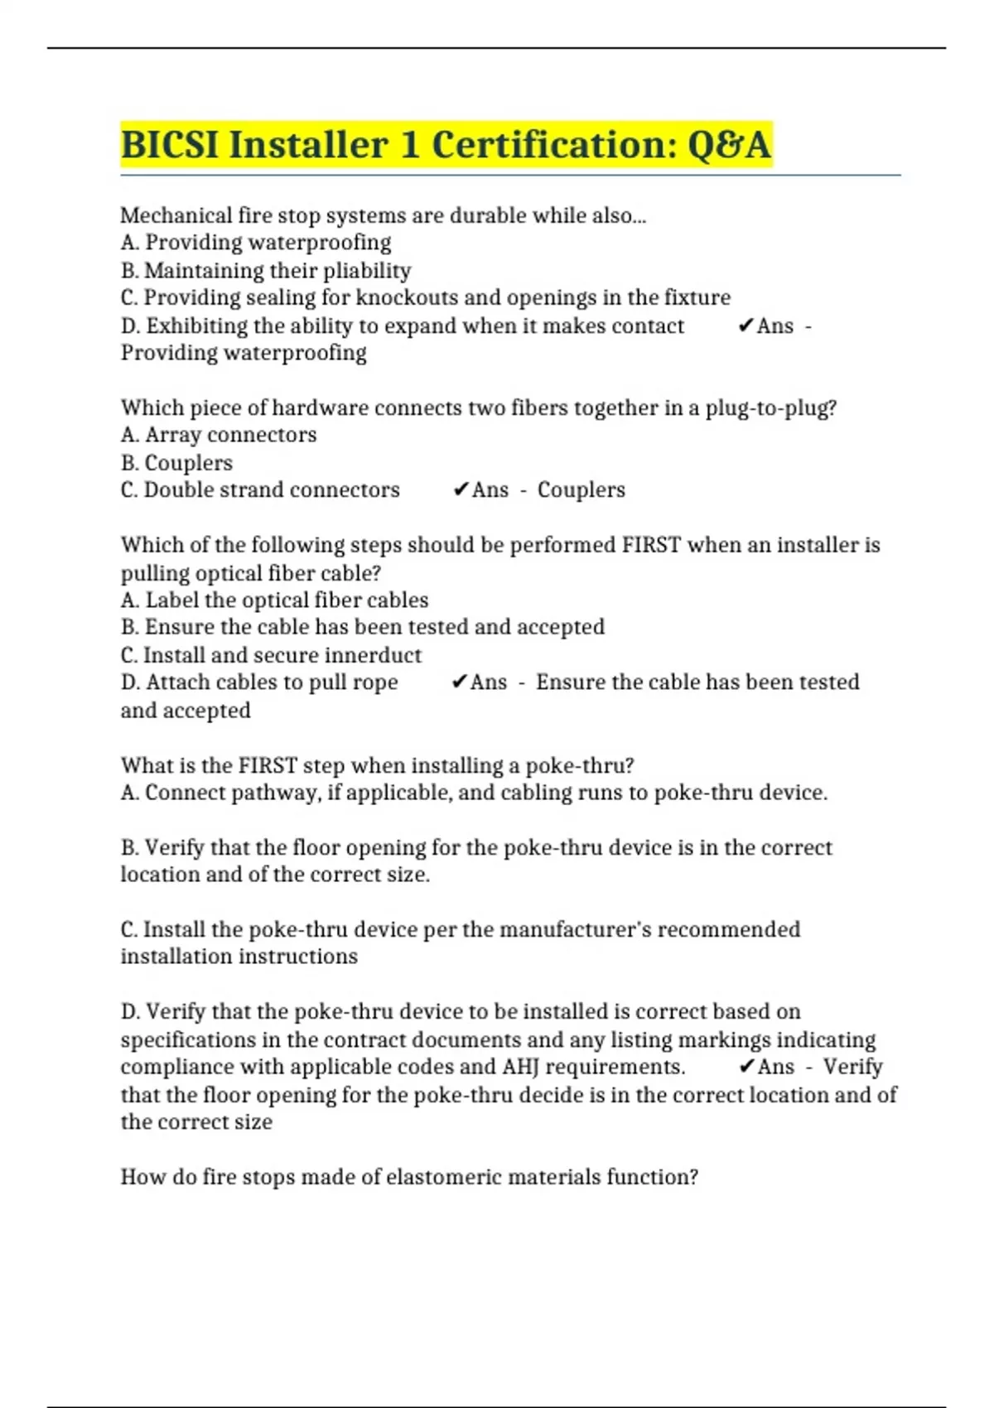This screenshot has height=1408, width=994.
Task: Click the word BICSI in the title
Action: (170, 145)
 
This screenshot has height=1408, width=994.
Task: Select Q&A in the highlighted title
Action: (729, 145)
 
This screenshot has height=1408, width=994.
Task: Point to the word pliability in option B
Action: (367, 271)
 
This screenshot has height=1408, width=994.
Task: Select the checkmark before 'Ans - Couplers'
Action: (461, 490)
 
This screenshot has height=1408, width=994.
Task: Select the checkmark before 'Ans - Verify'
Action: (745, 1067)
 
